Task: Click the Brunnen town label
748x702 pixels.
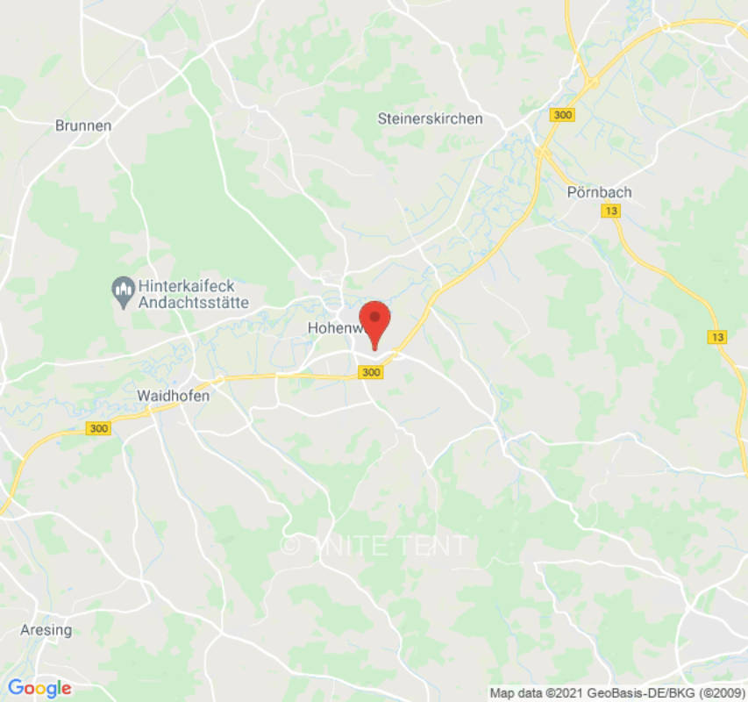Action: point(83,125)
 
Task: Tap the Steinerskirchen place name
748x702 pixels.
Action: point(430,118)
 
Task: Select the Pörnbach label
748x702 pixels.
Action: point(599,192)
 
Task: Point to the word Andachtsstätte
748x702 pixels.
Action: point(193,303)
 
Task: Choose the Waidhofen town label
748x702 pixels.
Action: point(173,396)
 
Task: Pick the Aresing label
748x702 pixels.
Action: point(46,630)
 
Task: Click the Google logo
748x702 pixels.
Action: point(39,688)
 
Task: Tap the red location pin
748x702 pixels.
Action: point(375,321)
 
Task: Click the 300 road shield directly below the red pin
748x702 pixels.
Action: point(371,373)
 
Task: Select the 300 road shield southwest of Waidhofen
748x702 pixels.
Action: point(99,428)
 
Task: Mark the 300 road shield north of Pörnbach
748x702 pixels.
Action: point(563,115)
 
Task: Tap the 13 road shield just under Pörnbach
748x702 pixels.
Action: point(611,211)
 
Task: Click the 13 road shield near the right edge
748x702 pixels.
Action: point(716,337)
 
